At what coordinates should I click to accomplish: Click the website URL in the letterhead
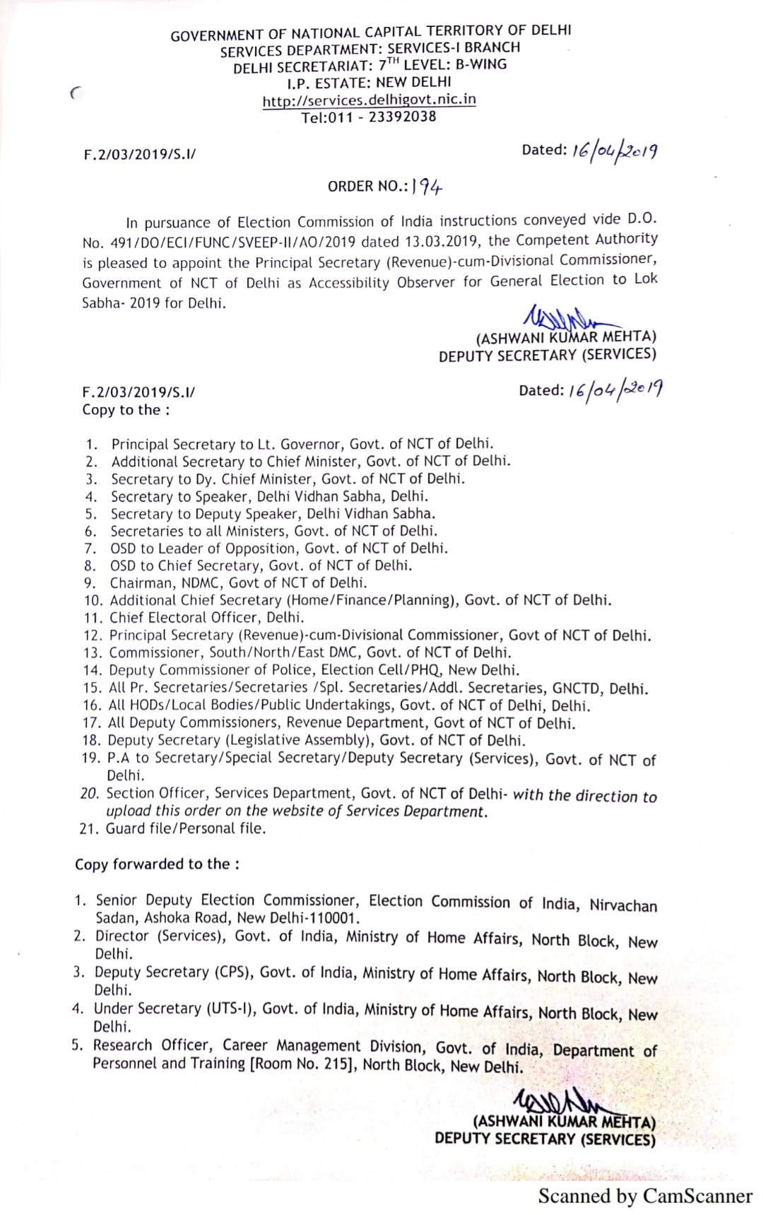[369, 100]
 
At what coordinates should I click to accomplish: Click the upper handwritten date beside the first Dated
[615, 149]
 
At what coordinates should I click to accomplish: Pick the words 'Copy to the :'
[126, 410]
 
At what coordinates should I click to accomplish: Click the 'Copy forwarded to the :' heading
[157, 864]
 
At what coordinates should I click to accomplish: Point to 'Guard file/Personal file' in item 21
[186, 828]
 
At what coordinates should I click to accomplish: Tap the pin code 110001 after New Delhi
[336, 918]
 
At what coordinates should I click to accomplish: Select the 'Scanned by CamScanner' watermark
[645, 1195]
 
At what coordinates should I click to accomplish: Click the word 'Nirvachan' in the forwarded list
[623, 905]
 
